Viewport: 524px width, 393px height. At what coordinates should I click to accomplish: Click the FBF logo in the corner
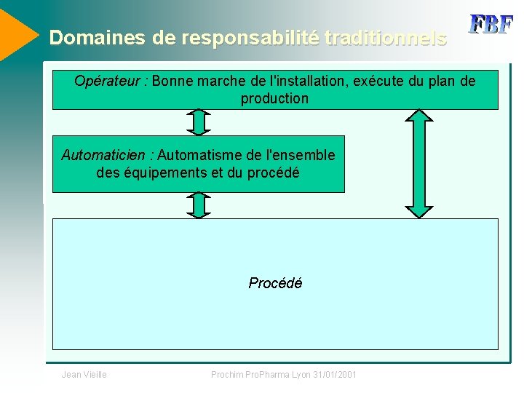(x=491, y=24)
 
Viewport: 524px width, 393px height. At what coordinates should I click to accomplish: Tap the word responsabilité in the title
(x=250, y=38)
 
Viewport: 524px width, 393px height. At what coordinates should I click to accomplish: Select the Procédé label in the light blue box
(x=275, y=283)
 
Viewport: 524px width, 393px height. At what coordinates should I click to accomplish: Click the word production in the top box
(x=275, y=98)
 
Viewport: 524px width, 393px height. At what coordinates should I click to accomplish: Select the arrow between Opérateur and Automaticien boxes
(x=198, y=122)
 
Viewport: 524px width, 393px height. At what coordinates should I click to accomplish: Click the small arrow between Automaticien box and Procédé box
(x=198, y=205)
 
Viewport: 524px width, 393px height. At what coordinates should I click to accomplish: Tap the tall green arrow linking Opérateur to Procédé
(x=418, y=163)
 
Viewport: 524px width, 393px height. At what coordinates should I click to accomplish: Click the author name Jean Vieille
(x=84, y=374)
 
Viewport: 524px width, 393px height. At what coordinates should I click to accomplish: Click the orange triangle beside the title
(x=16, y=33)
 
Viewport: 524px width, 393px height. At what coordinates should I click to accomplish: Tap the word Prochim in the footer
(x=226, y=374)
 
